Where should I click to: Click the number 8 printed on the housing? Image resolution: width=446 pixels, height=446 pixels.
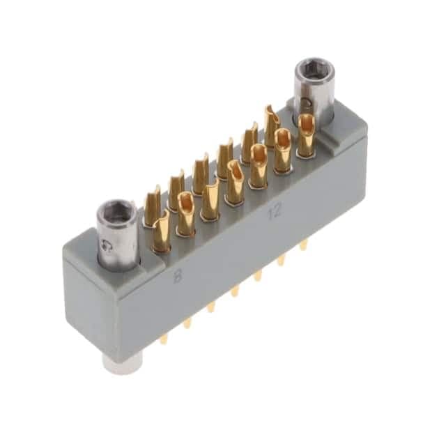tap(178, 276)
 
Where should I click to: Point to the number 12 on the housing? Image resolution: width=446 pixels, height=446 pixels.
tap(274, 211)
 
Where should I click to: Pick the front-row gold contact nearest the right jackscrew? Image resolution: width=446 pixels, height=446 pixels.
tap(306, 135)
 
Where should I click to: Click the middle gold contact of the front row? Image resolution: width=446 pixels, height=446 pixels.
tap(235, 183)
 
